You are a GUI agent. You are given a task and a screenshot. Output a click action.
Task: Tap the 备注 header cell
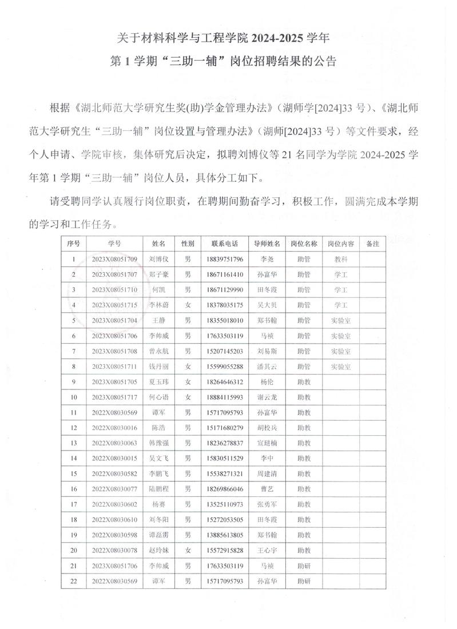[x=373, y=244]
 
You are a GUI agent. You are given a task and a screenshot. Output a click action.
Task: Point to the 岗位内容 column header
[x=341, y=244]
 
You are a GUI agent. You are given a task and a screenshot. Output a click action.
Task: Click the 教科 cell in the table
[x=341, y=259]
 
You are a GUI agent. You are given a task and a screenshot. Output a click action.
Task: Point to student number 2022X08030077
[x=114, y=489]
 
